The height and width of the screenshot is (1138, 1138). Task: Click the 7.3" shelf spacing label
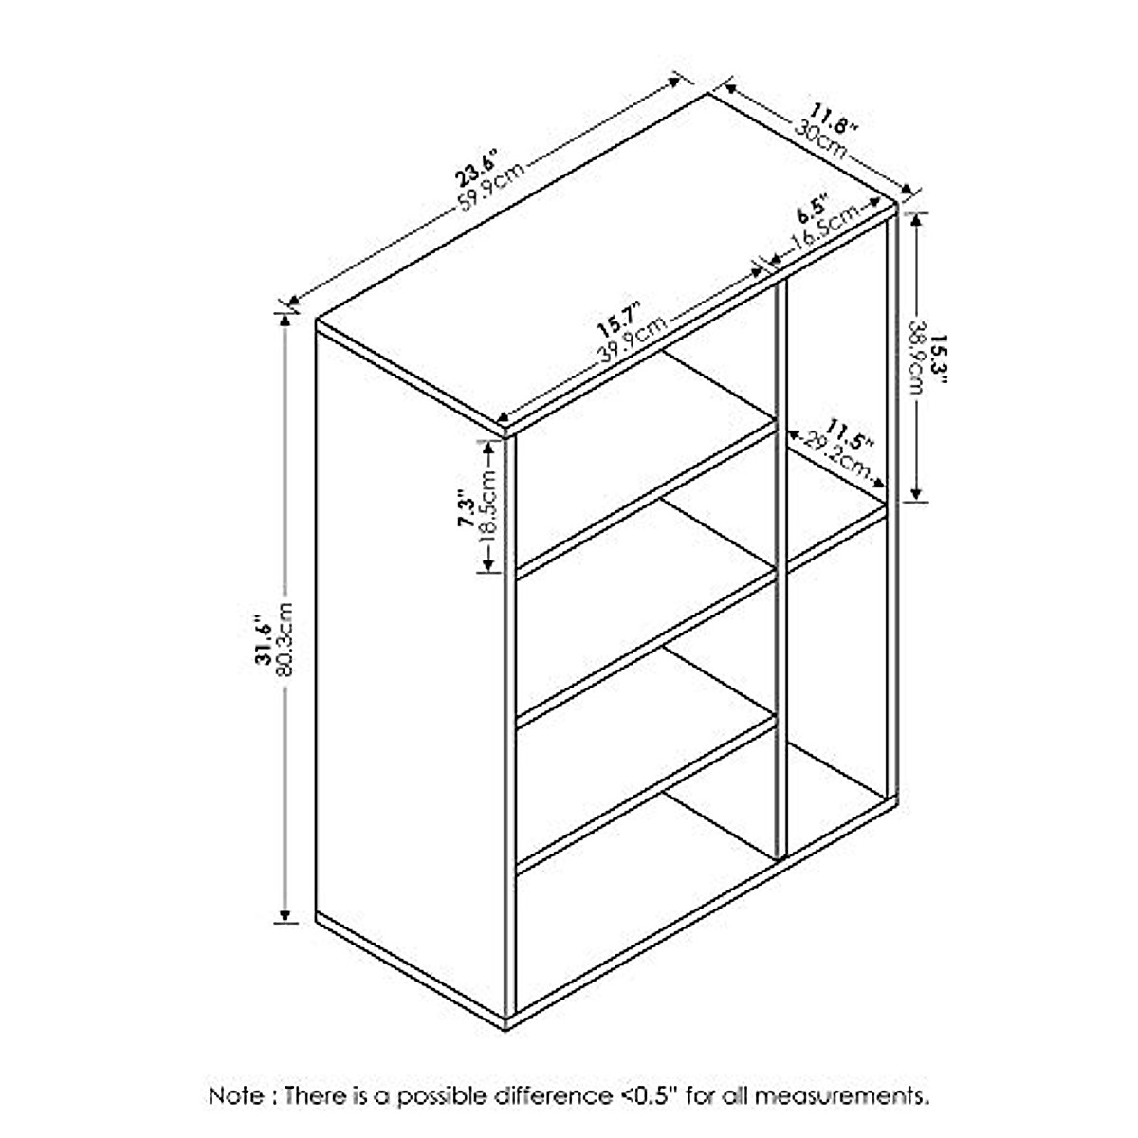[465, 513]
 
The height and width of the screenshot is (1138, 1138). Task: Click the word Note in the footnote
[237, 1096]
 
